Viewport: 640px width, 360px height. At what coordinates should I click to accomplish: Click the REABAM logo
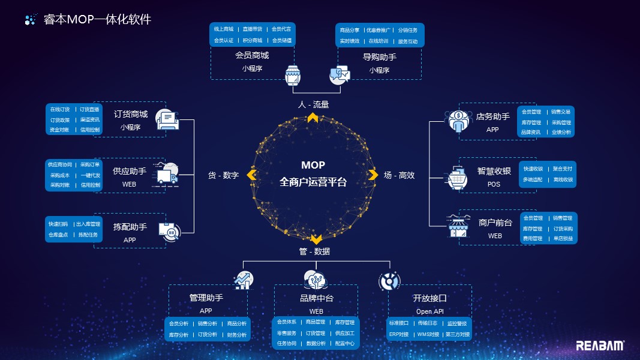point(600,346)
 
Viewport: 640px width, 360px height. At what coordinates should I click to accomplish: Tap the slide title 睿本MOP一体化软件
point(97,19)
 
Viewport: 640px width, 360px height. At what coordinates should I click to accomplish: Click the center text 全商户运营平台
point(313,182)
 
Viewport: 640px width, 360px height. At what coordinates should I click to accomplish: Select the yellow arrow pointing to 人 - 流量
point(313,118)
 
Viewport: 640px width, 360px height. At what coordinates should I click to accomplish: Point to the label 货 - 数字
point(223,176)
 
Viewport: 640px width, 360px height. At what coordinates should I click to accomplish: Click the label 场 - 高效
point(399,176)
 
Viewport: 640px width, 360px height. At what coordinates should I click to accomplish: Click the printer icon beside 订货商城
point(168,119)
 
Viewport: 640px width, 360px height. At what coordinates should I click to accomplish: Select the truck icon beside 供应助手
point(167,173)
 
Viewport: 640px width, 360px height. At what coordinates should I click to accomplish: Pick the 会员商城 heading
point(252,55)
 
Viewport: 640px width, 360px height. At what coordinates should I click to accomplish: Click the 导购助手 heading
point(379,57)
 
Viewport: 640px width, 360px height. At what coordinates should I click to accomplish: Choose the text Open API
point(429,311)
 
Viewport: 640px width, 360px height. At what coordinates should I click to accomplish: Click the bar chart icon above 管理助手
point(244,280)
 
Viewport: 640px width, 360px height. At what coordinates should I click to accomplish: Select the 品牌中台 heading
point(316,298)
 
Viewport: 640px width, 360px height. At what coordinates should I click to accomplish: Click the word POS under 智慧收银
point(493,184)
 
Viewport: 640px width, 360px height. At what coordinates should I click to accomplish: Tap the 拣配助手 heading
point(130,227)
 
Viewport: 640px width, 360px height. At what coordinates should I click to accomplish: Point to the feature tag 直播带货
point(253,29)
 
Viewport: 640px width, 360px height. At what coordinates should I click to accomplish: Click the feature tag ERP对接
point(399,334)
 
